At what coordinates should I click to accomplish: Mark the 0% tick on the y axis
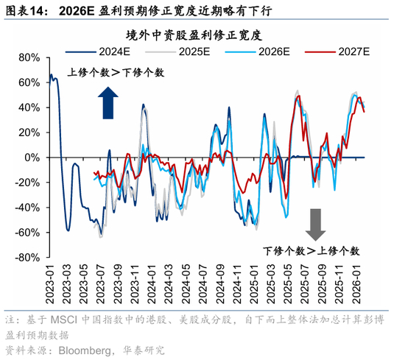tap(32, 158)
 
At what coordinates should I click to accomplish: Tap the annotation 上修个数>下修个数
tap(116, 72)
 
